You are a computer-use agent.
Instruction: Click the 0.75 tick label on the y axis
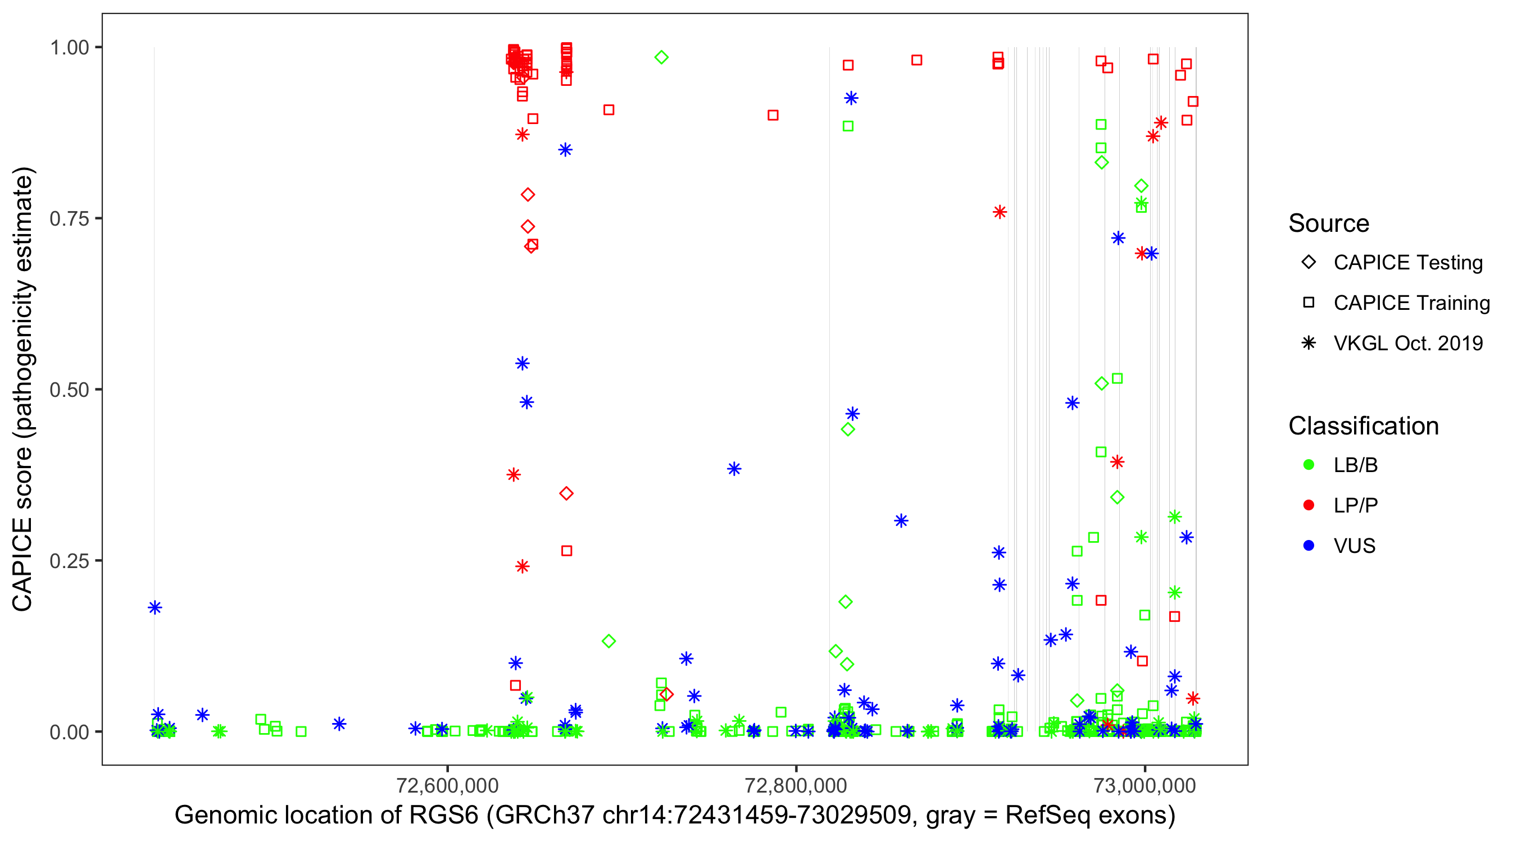[x=69, y=219]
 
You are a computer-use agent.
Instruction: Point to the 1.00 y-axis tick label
[x=69, y=48]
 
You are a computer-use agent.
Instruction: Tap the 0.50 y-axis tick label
[x=69, y=390]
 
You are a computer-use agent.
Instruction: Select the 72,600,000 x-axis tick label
[x=448, y=785]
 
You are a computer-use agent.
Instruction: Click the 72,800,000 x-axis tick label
[x=796, y=785]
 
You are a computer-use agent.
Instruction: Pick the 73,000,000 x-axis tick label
[x=1145, y=785]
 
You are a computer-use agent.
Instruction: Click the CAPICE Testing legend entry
[x=1407, y=263]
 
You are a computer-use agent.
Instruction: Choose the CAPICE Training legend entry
[x=1411, y=303]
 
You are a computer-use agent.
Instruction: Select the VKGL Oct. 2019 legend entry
[x=1407, y=344]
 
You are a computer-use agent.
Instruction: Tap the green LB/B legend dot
[x=1309, y=465]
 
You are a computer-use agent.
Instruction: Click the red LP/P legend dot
[x=1309, y=505]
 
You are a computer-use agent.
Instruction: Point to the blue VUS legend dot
[x=1309, y=546]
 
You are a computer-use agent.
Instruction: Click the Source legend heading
[x=1329, y=223]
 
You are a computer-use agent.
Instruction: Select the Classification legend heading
[x=1363, y=426]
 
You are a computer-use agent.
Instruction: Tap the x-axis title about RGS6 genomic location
[x=675, y=816]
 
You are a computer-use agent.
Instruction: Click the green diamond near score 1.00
[x=661, y=58]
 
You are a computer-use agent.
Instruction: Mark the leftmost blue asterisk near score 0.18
[x=155, y=607]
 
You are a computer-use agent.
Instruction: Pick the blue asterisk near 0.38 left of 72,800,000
[x=734, y=469]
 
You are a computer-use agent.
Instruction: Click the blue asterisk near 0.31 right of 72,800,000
[x=901, y=521]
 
